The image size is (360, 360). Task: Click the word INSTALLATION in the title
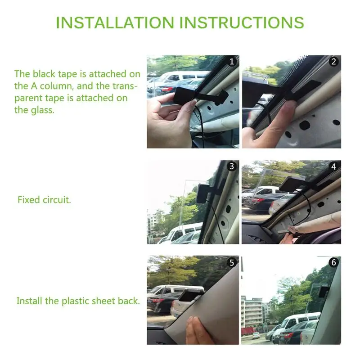click(115, 22)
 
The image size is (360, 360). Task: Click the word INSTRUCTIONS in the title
click(242, 22)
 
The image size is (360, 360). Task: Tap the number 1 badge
click(232, 62)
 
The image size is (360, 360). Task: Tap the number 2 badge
click(333, 62)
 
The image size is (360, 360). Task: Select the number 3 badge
click(232, 166)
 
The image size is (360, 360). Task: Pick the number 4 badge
click(333, 166)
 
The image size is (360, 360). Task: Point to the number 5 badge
click(232, 262)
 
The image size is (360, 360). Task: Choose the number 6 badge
click(333, 262)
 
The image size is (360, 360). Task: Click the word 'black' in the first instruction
click(44, 74)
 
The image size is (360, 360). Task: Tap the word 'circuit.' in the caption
click(57, 200)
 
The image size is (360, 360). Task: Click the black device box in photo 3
click(202, 193)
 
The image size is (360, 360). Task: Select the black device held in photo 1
click(184, 95)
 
